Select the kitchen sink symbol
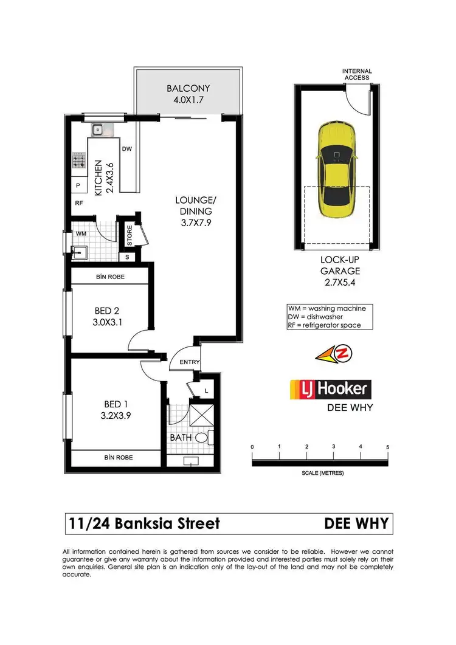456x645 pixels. pos(97,129)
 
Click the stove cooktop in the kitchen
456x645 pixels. pos(79,160)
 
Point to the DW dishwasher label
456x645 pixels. pos(127,148)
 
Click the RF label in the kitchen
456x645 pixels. pos(79,204)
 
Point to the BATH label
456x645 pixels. pos(180,436)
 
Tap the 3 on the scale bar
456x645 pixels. pos(334,447)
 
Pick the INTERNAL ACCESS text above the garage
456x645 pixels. pos(357,74)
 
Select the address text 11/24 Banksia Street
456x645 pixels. pos(143,523)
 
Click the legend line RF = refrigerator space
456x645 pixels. pos(324,325)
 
